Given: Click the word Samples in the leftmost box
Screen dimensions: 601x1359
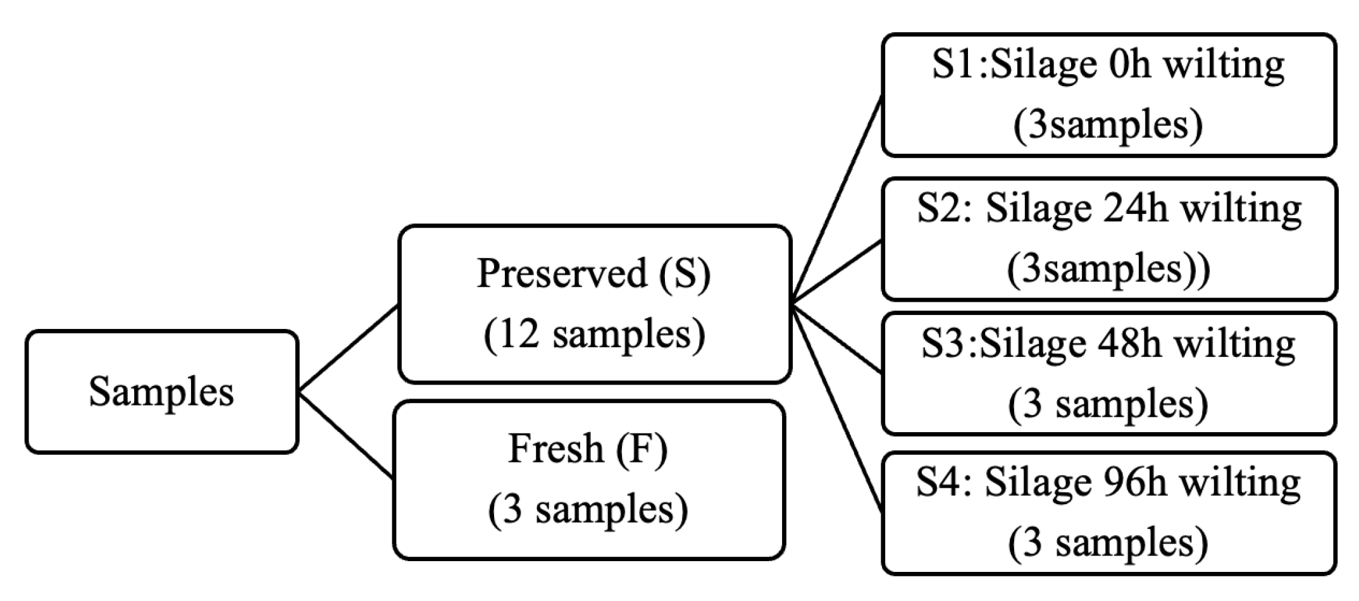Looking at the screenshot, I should pyautogui.click(x=161, y=392).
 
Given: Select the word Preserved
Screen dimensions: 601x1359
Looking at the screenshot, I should pyautogui.click(x=561, y=274).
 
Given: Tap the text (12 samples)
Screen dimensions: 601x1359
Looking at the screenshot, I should pyautogui.click(x=594, y=335).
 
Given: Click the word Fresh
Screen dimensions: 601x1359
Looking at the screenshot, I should pyautogui.click(x=555, y=449).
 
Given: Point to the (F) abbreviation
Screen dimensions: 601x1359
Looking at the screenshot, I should pyautogui.click(x=642, y=449).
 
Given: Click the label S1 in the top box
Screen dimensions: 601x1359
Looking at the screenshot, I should pyautogui.click(x=954, y=65).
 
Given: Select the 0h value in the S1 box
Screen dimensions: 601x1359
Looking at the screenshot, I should pyautogui.click(x=1129, y=65).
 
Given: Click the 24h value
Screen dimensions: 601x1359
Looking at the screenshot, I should pyautogui.click(x=1135, y=209).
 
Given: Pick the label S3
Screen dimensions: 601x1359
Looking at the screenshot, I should pyautogui.click(x=943, y=344).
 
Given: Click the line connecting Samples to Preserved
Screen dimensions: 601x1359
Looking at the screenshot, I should pyautogui.click(x=348, y=349).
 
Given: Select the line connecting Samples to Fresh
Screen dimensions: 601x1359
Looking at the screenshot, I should pyautogui.click(x=347, y=436).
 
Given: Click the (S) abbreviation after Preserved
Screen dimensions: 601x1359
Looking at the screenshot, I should pyautogui.click(x=685, y=274).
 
